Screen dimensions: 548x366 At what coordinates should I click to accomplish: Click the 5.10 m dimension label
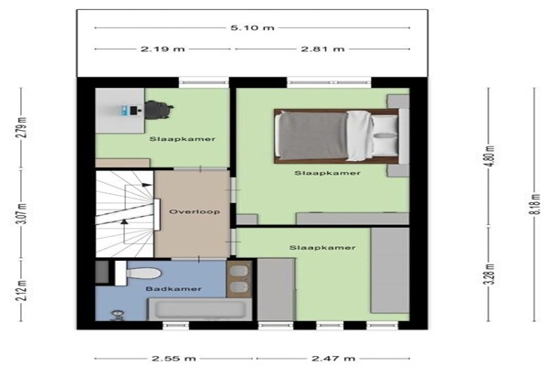pyautogui.click(x=252, y=27)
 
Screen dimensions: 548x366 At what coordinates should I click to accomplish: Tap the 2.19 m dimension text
pyautogui.click(x=163, y=48)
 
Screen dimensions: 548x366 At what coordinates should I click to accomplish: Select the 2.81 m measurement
pyautogui.click(x=322, y=48)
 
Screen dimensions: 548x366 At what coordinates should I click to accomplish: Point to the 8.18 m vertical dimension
pyautogui.click(x=534, y=204)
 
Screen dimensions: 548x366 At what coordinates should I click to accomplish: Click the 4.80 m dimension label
pyautogui.click(x=490, y=156)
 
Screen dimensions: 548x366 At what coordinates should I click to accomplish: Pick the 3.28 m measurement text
pyautogui.click(x=490, y=274)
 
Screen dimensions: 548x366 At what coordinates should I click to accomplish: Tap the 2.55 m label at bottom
pyautogui.click(x=174, y=359)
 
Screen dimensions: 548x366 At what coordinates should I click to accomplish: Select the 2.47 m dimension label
pyautogui.click(x=333, y=359)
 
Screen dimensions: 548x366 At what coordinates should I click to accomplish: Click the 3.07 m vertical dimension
pyautogui.click(x=22, y=213)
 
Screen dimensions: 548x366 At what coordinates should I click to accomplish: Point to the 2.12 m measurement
pyautogui.click(x=22, y=290)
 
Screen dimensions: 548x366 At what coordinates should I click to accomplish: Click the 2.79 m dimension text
pyautogui.click(x=22, y=127)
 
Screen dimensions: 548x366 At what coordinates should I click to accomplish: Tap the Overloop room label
pyautogui.click(x=195, y=211)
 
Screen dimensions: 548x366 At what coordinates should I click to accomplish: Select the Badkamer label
pyautogui.click(x=174, y=289)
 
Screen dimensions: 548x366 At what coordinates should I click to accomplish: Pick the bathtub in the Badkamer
pyautogui.click(x=200, y=309)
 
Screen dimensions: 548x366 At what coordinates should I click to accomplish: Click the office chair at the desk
pyautogui.click(x=159, y=110)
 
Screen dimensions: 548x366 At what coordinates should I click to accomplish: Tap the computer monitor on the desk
pyautogui.click(x=133, y=111)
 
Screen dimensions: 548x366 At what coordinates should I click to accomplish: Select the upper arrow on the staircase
pyautogui.click(x=146, y=185)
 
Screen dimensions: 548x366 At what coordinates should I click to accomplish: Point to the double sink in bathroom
pyautogui.click(x=239, y=279)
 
